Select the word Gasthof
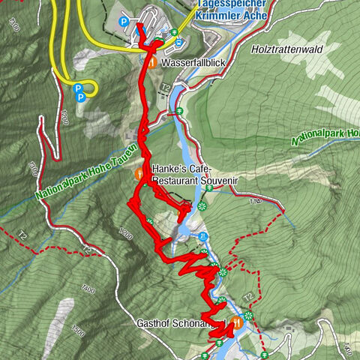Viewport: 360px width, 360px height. [x=154, y=322]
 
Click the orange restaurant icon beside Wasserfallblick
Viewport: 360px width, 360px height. [x=151, y=64]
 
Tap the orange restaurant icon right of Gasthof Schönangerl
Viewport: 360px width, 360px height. [x=237, y=322]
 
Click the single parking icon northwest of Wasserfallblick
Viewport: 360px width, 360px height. [x=125, y=21]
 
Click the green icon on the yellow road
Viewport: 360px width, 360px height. [x=174, y=31]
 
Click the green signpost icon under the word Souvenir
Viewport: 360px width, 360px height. [x=209, y=188]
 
